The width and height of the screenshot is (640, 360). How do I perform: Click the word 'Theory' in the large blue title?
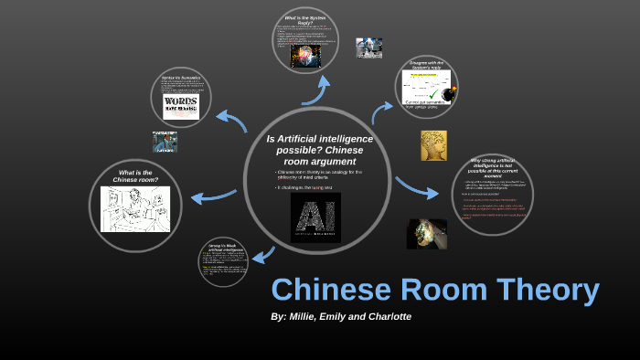click(x=543, y=290)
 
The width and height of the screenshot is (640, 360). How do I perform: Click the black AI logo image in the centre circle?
click(x=315, y=217)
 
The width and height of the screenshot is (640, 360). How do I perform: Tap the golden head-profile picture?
click(x=433, y=145)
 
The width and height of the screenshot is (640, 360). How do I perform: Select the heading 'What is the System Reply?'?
click(x=306, y=19)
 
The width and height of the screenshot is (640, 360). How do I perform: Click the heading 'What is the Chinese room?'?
click(x=135, y=175)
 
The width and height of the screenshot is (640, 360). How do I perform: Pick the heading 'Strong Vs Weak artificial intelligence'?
click(x=224, y=249)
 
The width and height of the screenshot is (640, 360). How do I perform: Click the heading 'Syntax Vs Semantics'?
click(x=181, y=78)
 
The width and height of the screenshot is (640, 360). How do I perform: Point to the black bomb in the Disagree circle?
click(x=447, y=93)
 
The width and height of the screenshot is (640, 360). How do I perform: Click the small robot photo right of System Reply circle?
click(x=369, y=48)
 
